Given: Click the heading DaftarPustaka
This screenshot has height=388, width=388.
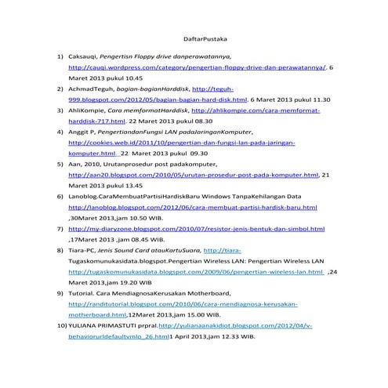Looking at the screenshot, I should pos(194,37).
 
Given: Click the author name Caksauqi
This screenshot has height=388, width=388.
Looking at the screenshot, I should pos(83,57).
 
